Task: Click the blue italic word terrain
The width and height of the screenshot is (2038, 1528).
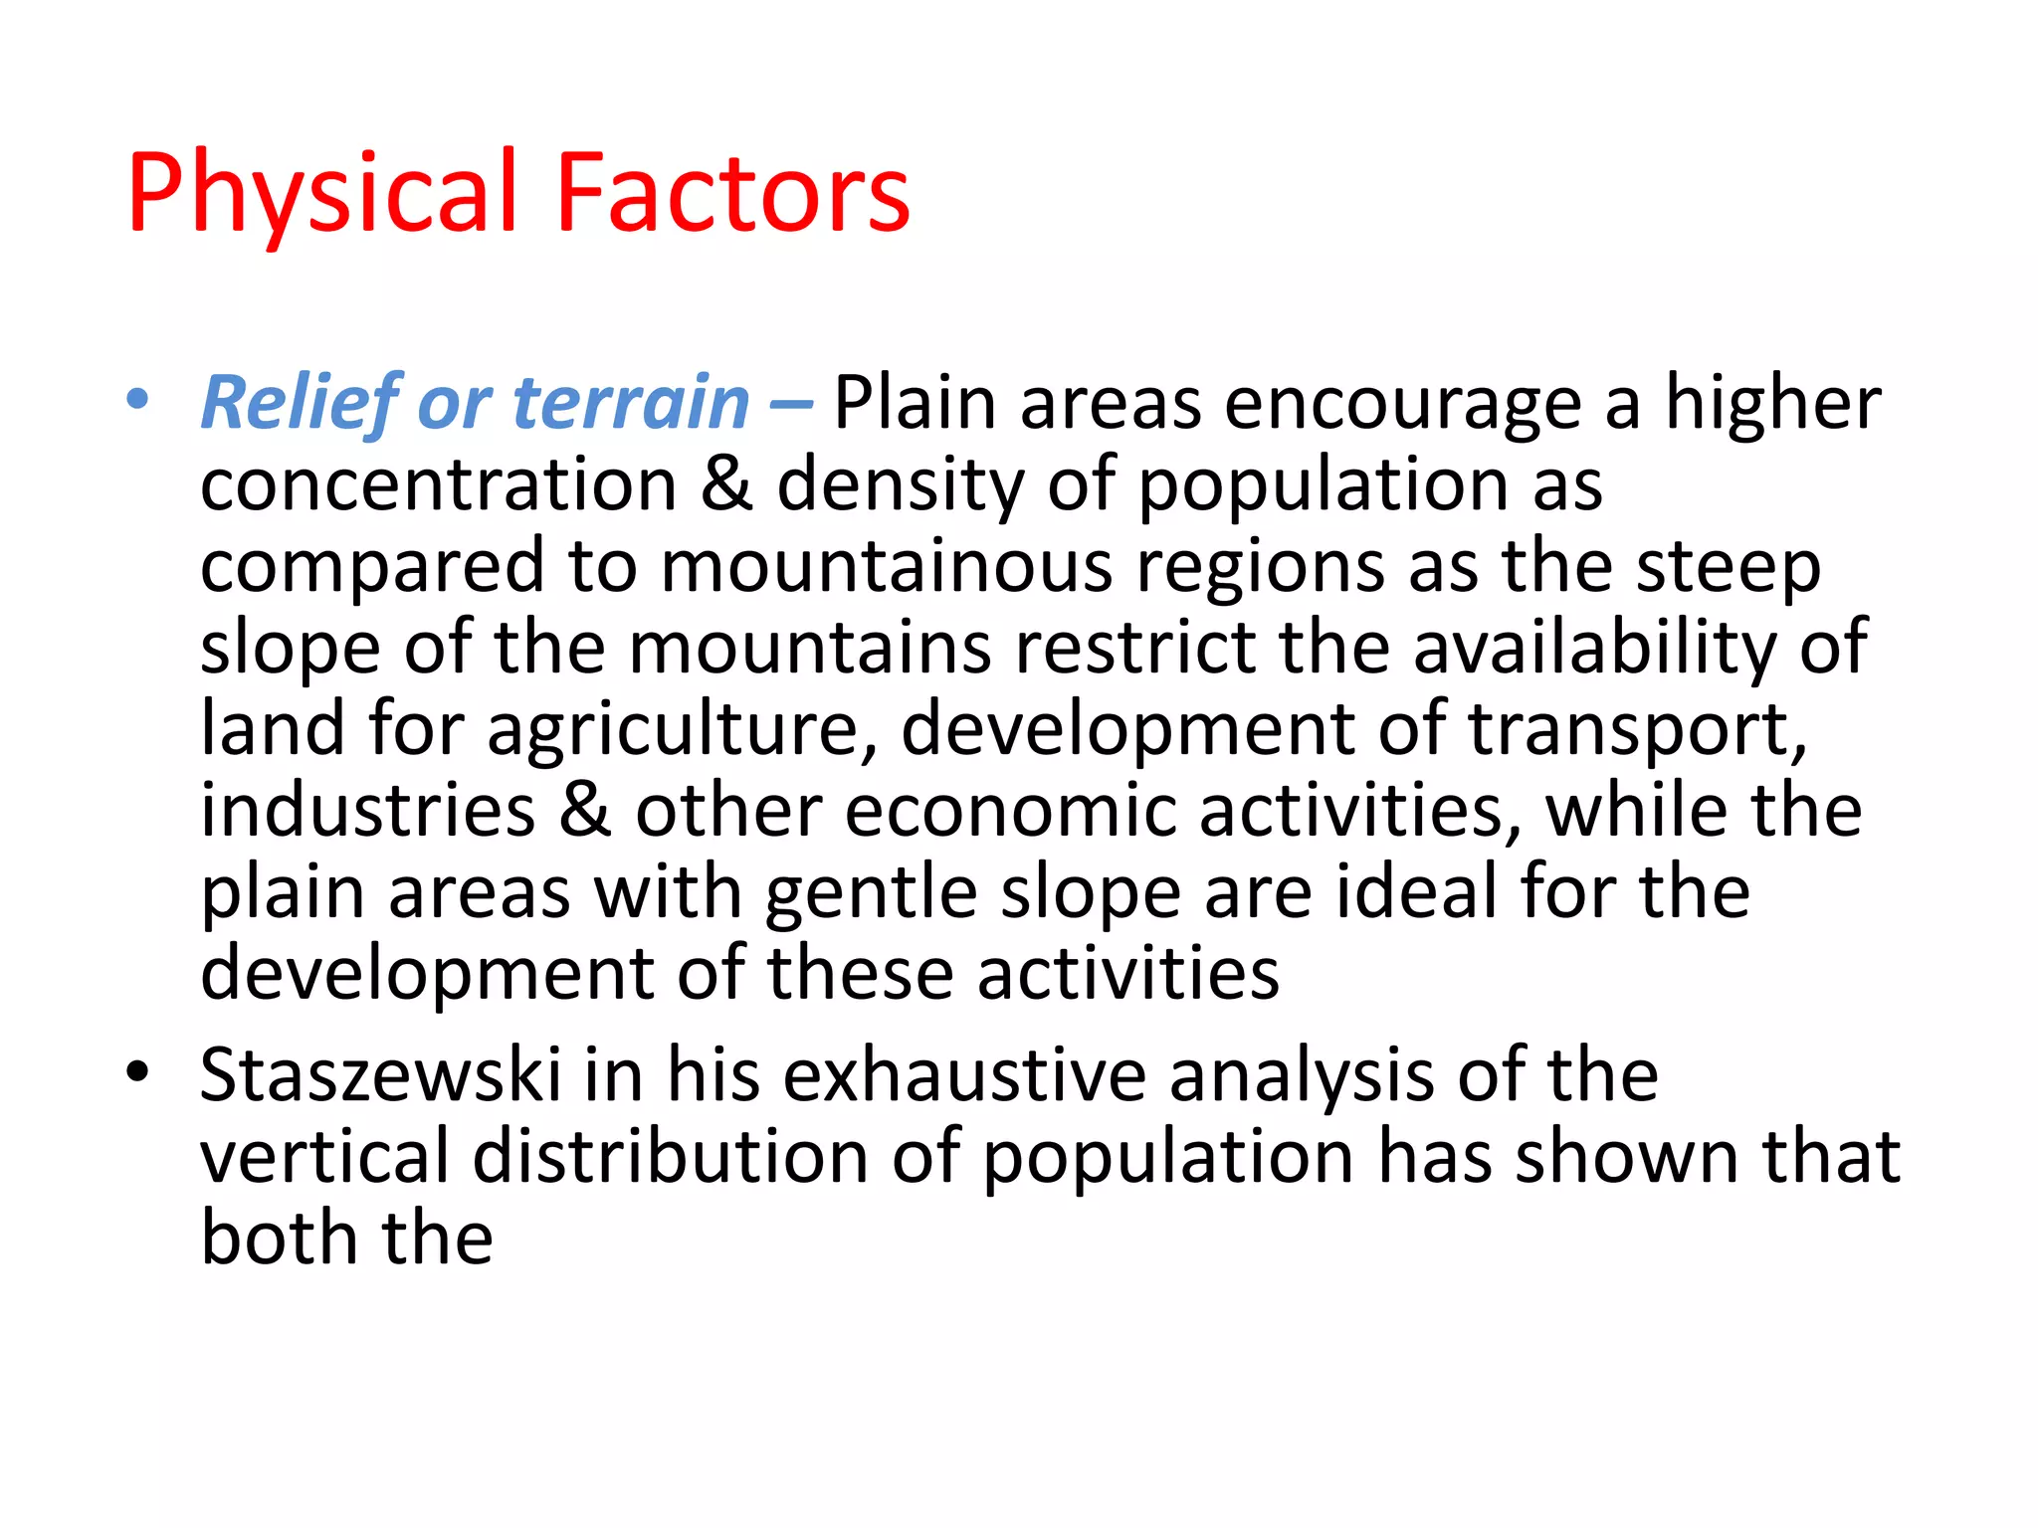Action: [631, 404]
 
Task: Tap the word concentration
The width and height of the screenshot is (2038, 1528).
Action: [439, 485]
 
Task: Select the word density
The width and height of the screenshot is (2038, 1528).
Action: [900, 485]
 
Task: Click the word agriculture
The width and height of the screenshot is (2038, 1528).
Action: [683, 729]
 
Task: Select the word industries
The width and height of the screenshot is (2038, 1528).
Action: [368, 811]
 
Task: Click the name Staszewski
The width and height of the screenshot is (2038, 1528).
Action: [380, 1076]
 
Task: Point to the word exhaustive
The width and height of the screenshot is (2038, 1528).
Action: [964, 1076]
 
